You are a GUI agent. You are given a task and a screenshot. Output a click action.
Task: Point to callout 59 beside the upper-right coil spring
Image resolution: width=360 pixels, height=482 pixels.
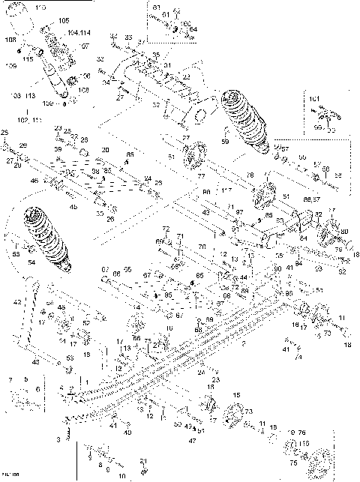pyautogui.click(x=224, y=141)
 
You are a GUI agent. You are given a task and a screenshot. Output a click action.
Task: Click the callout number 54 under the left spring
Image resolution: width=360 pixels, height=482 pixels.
pyautogui.click(x=31, y=263)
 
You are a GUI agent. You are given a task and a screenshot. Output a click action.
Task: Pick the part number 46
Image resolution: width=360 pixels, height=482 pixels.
pyautogui.click(x=33, y=181)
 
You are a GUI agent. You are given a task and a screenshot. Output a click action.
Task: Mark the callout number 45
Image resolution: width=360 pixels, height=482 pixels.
pyautogui.click(x=73, y=206)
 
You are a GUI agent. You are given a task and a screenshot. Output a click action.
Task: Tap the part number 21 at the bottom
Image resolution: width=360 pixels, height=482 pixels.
pyautogui.click(x=142, y=461)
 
